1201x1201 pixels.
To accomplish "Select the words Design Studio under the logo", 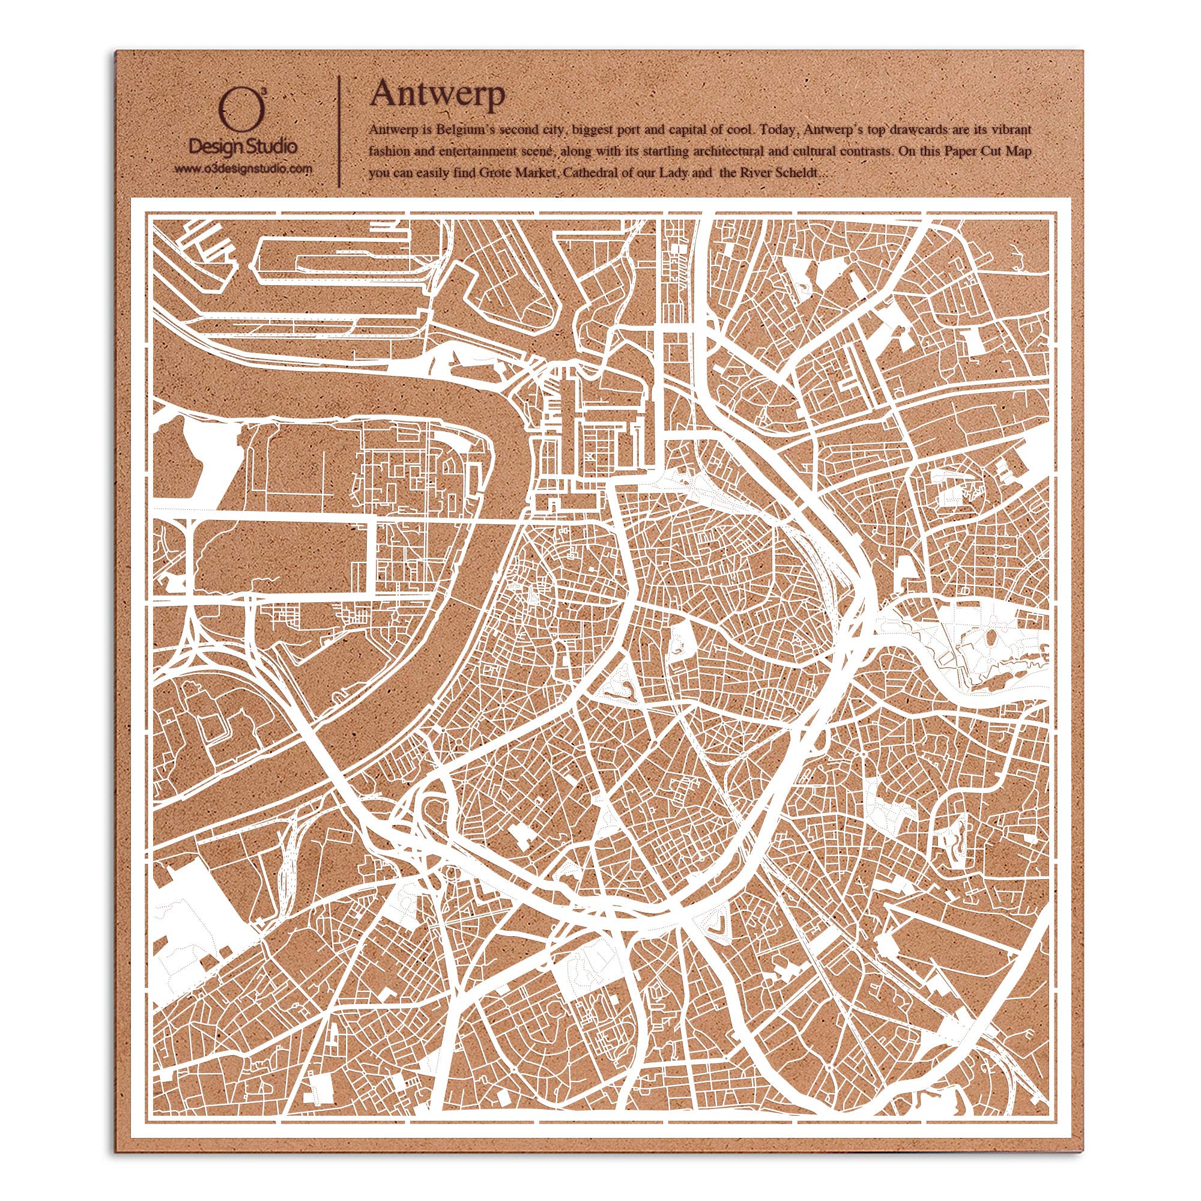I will coord(243,147).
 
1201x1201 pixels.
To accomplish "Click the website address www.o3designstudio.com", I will coord(243,169).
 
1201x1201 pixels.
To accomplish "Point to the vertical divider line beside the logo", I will coord(339,130).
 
